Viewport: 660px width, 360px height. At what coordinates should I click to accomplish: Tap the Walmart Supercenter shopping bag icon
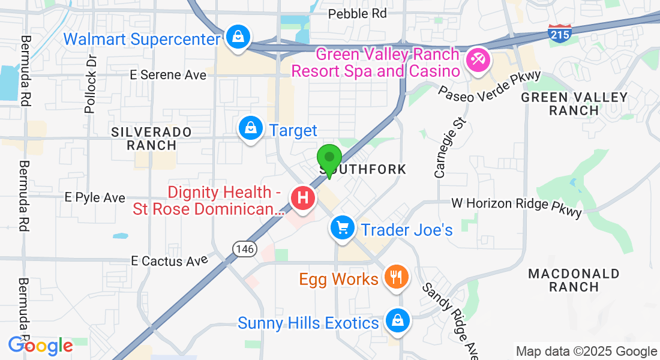pos(238,38)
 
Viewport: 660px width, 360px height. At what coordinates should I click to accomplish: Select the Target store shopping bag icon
pos(249,128)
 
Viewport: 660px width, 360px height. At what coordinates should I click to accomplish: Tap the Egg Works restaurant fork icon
pos(395,277)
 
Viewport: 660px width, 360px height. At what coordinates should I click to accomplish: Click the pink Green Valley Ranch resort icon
pos(479,61)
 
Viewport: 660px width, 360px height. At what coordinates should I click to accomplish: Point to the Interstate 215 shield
pos(559,33)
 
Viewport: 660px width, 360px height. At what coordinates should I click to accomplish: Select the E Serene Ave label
pos(168,75)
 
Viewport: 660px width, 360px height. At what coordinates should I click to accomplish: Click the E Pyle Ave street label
pos(95,197)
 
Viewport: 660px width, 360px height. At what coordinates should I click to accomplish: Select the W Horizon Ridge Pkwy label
pos(517,204)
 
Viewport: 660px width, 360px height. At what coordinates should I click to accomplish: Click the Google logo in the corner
pos(40,346)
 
